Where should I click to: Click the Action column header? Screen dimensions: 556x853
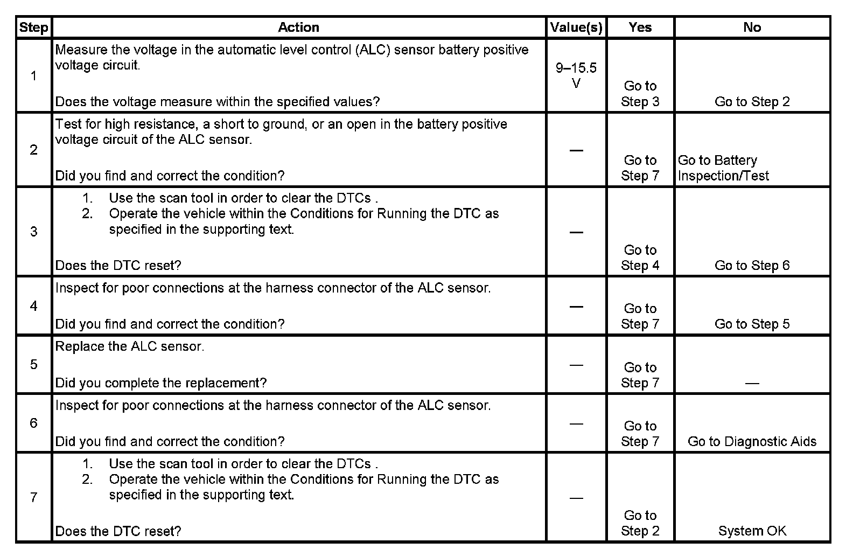click(298, 27)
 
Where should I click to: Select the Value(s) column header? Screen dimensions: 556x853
click(576, 27)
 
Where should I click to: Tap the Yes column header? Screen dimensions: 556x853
click(640, 27)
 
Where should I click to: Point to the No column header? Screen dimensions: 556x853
click(752, 27)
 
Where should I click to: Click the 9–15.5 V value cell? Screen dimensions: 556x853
click(576, 75)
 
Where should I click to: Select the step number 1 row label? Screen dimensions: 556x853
click(33, 76)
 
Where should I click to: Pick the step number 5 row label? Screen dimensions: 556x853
click(33, 365)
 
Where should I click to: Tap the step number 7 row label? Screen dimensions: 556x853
click(33, 497)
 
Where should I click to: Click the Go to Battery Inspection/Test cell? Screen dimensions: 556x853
click(723, 168)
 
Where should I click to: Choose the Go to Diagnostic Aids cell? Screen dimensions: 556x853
click(752, 442)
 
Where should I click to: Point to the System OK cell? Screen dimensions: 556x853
click(752, 531)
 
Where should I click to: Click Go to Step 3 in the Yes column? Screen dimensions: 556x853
click(640, 94)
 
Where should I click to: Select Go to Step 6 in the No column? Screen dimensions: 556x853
click(752, 266)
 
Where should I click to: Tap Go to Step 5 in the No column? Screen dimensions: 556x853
click(752, 324)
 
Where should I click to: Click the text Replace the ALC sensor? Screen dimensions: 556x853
click(130, 346)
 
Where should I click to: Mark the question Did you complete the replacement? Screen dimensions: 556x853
click(161, 383)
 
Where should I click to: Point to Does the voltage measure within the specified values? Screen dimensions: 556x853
click(218, 102)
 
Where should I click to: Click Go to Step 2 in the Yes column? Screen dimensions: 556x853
click(640, 523)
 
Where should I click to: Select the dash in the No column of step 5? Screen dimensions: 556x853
click(752, 383)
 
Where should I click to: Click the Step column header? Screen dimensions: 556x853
click(33, 27)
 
